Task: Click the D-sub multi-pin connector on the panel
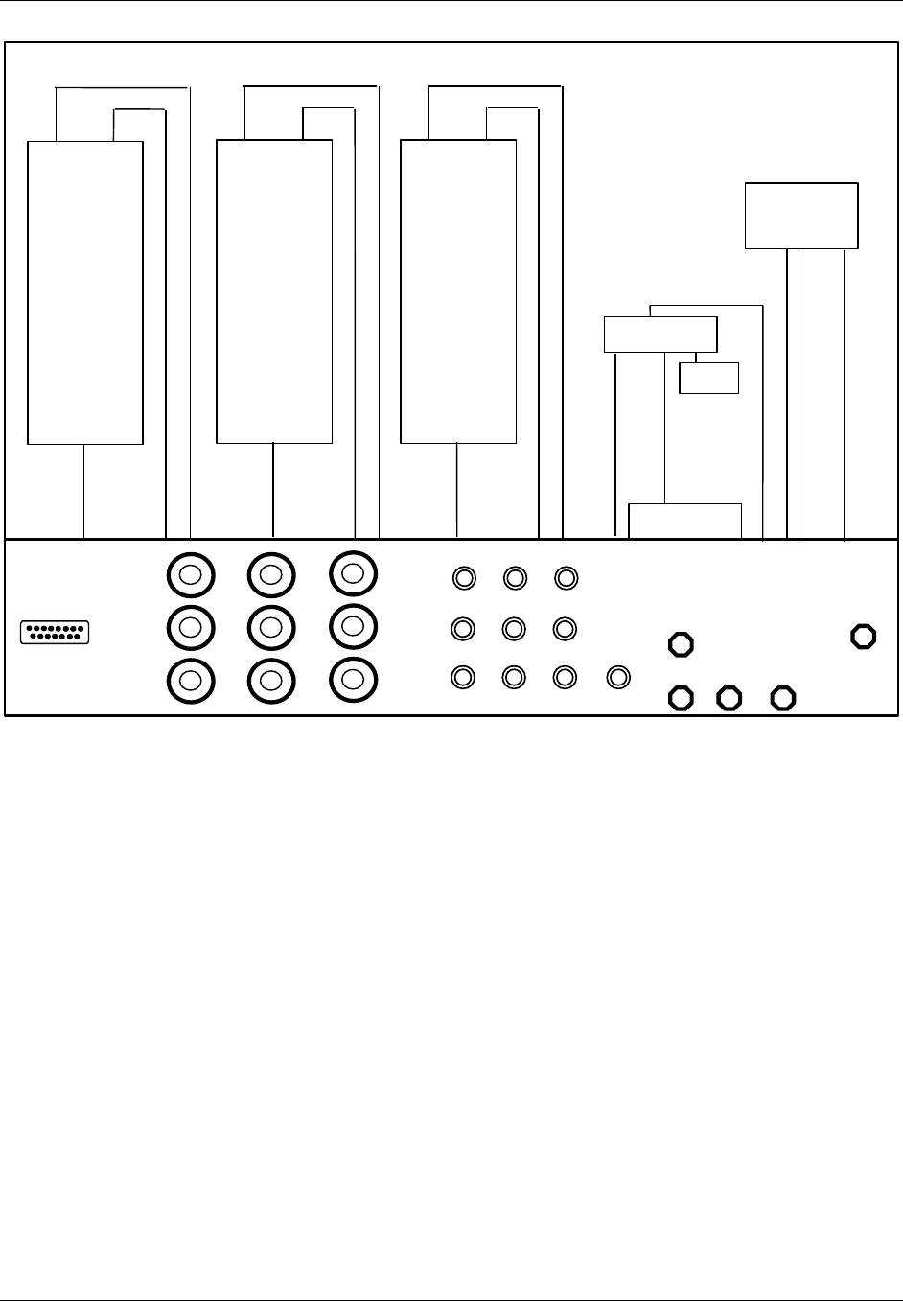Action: pos(55,633)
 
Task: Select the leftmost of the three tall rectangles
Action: pos(85,292)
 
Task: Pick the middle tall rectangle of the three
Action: pos(274,291)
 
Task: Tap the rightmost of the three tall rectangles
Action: pos(457,291)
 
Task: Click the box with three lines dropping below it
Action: pos(801,216)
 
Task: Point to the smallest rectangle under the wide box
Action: pos(708,378)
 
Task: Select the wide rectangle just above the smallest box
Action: pos(660,334)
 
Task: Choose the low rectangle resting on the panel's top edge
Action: pos(684,521)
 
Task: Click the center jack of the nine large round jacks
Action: pos(271,627)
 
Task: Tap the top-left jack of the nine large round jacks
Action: pos(191,576)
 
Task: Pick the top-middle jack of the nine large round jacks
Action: pos(271,575)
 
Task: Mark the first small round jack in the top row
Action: pos(464,578)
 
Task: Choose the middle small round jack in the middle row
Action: pos(515,628)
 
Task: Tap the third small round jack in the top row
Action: pos(567,578)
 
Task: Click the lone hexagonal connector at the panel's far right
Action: pos(864,636)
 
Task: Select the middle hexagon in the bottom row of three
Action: pos(729,698)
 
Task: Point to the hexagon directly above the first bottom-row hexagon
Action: pos(681,644)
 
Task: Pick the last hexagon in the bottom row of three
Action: pos(783,698)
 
